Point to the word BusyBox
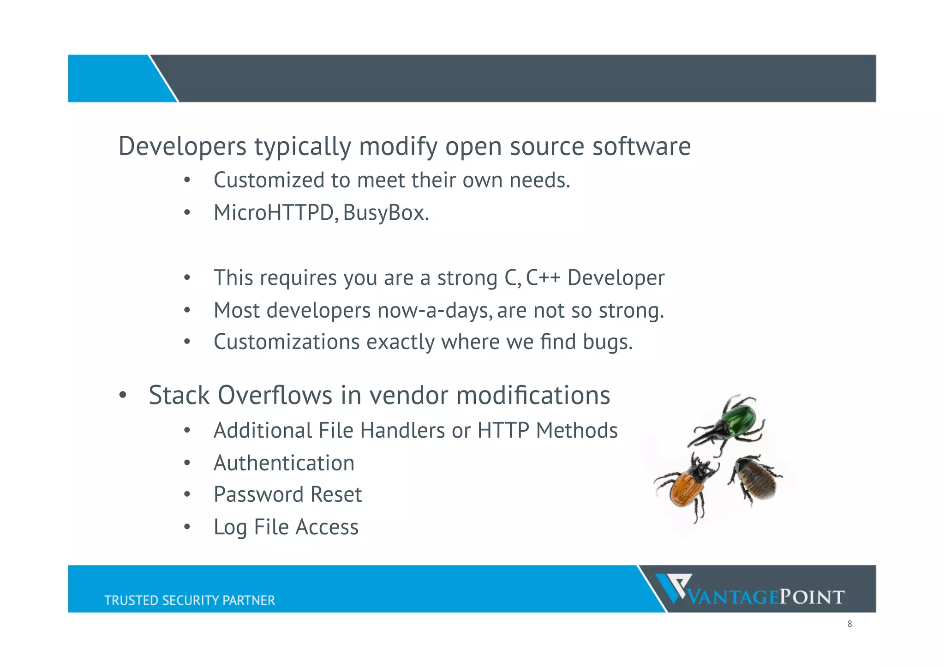click(385, 213)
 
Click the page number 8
click(849, 624)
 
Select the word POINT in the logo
click(812, 597)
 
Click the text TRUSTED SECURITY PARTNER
click(189, 600)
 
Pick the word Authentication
click(284, 463)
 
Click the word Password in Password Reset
click(258, 494)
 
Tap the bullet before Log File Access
click(187, 527)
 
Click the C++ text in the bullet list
click(543, 278)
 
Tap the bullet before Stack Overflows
click(122, 396)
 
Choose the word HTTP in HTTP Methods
click(503, 431)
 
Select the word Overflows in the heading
click(275, 396)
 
